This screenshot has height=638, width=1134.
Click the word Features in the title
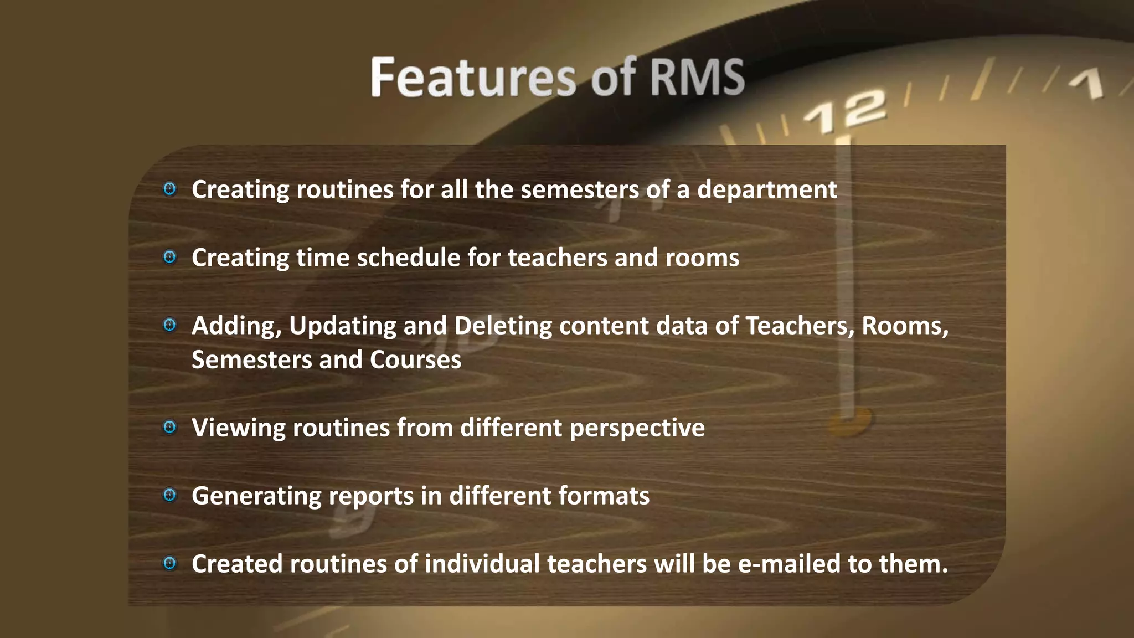point(474,78)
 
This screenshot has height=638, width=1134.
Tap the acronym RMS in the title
point(697,78)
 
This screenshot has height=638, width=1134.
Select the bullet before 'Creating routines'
point(169,189)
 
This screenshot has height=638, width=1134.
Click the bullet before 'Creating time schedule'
point(169,257)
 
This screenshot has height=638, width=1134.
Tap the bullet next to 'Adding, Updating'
point(169,325)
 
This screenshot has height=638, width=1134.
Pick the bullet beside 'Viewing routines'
point(169,427)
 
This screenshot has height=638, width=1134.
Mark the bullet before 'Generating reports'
point(169,495)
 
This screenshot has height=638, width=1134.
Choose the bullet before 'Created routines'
point(169,563)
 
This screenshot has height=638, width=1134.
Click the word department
point(767,190)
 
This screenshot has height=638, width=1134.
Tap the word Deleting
point(503,326)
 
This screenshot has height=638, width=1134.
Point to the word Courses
point(415,360)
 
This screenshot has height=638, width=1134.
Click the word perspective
point(637,428)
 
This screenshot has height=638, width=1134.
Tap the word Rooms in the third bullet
point(905,326)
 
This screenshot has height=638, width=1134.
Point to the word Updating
point(342,326)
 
